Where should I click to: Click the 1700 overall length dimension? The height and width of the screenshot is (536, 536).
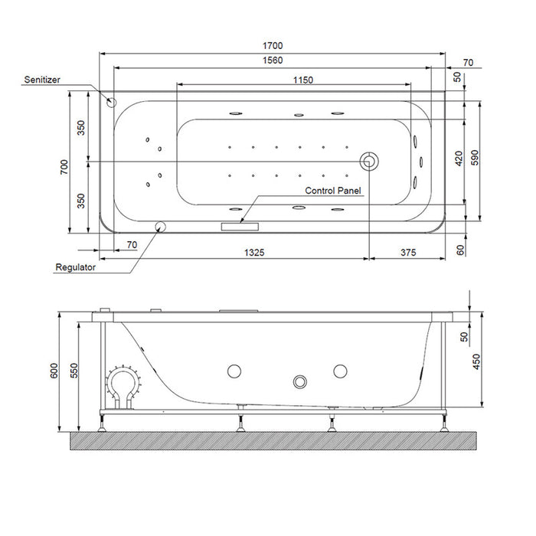coord(273,45)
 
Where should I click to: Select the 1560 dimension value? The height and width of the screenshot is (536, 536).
coord(273,60)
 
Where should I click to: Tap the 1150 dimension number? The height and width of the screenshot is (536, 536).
coord(303,80)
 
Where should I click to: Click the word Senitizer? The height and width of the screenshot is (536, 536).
coord(42,80)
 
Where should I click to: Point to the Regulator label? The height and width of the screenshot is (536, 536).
coord(76,267)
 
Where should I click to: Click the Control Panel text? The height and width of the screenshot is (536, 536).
coord(332,191)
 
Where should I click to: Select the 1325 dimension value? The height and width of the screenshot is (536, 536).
coord(254,252)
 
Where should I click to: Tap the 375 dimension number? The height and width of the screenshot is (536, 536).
coord(408,252)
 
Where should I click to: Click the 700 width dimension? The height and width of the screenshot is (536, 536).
coord(64,167)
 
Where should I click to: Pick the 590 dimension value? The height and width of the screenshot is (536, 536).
coord(475,158)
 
